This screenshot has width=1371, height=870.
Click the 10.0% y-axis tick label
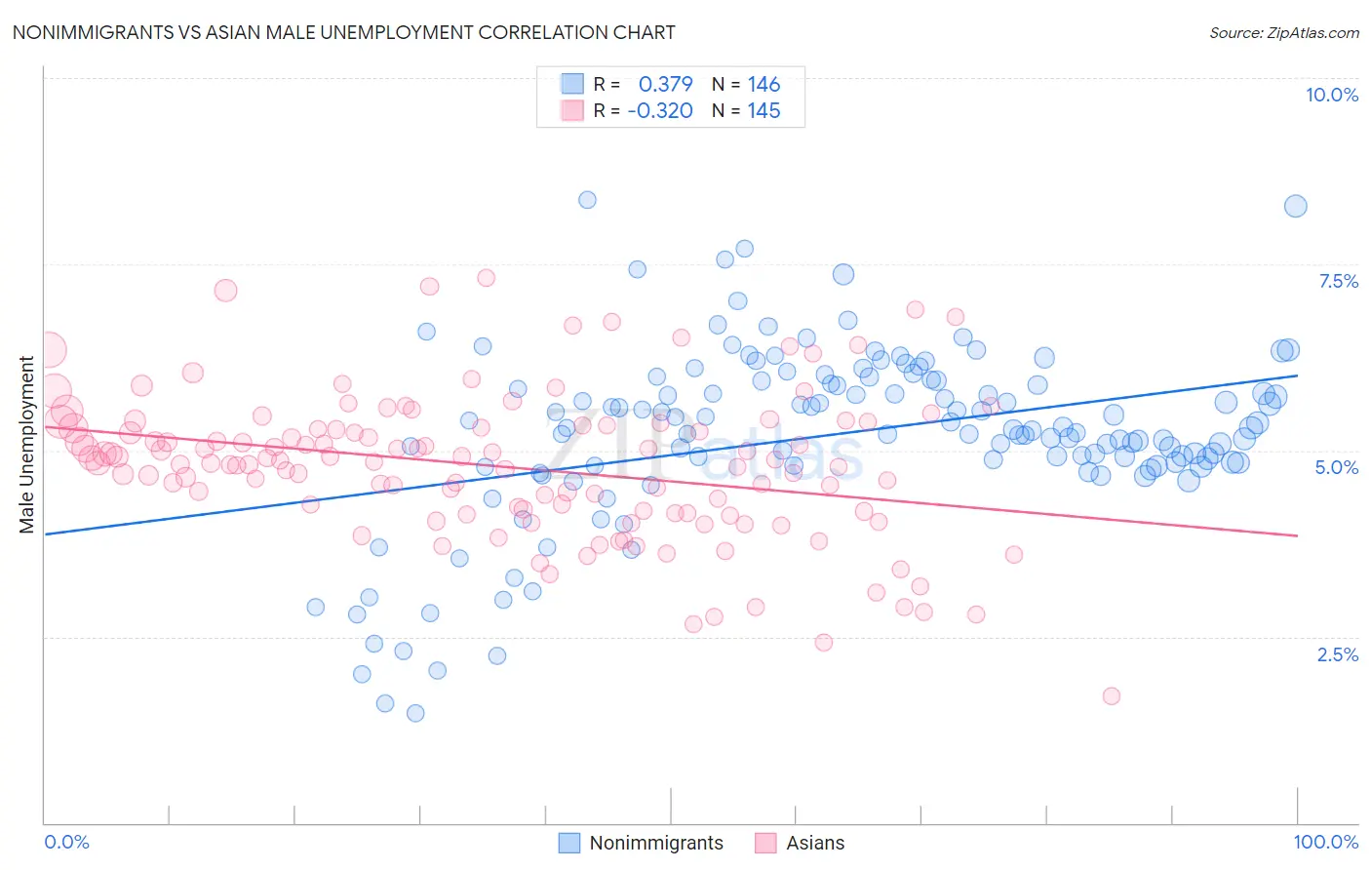tap(1331, 95)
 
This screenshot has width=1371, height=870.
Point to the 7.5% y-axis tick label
tap(1338, 281)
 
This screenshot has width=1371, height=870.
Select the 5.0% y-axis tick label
tap(1336, 467)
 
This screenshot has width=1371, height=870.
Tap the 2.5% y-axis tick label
tap(1337, 654)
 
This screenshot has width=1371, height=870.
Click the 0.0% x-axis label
tap(66, 842)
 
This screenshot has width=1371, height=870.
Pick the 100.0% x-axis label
tap(1325, 842)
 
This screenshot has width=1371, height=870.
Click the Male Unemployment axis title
tap(26, 445)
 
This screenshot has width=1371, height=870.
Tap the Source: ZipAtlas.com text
tap(1283, 32)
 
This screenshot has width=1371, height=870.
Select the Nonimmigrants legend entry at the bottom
tap(655, 843)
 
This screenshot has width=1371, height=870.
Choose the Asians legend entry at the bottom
tap(815, 843)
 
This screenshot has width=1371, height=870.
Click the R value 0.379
tap(665, 85)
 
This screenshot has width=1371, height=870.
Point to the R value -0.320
tap(660, 111)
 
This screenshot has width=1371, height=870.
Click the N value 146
tap(764, 85)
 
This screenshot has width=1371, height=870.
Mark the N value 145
tap(764, 111)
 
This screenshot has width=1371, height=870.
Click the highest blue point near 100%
tap(1295, 206)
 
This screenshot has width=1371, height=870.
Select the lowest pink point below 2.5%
tap(1111, 695)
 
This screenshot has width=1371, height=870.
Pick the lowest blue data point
tap(415, 713)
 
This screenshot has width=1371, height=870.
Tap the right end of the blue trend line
tap(1297, 376)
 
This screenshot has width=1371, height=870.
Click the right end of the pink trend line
tap(1297, 535)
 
